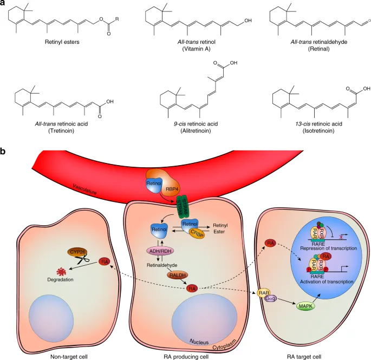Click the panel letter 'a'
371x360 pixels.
(x=4, y=4)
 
